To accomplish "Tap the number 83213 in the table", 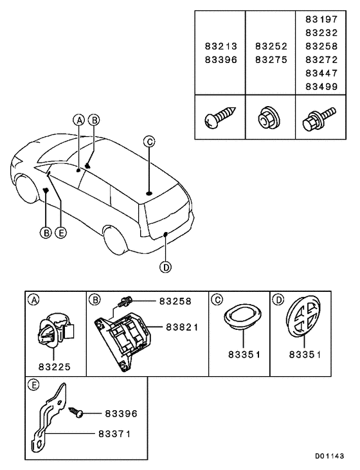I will click(x=220, y=46).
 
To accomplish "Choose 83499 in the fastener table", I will click(x=321, y=85).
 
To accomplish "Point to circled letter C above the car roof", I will click(x=148, y=142).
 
